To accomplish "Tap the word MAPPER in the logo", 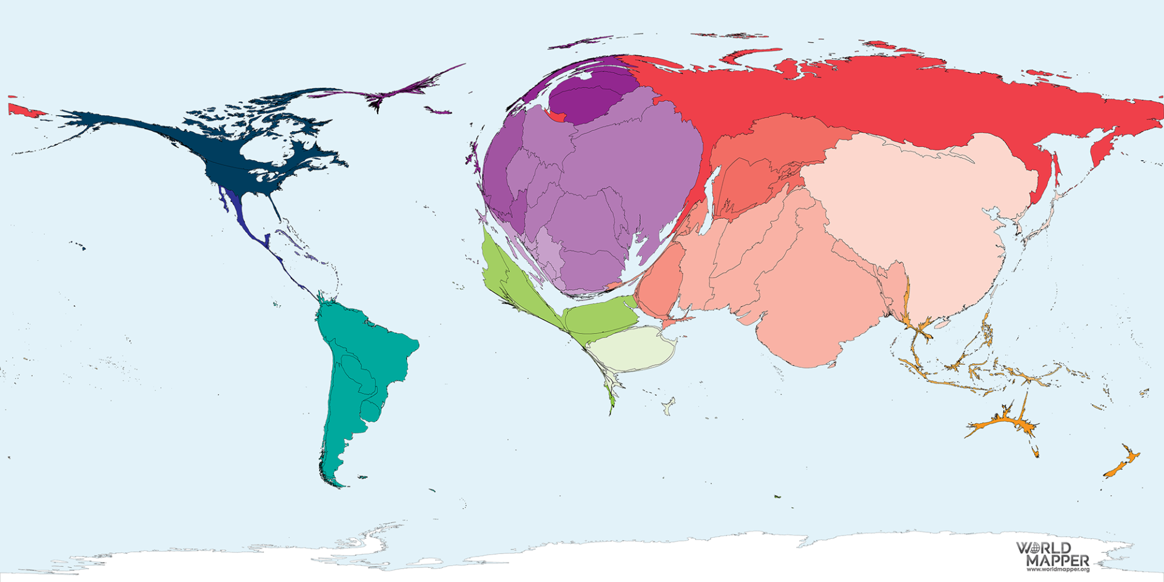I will (1058, 560).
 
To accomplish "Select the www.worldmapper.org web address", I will (1058, 569).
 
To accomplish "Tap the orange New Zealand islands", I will (1122, 464).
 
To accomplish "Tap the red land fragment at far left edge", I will (21, 110).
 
